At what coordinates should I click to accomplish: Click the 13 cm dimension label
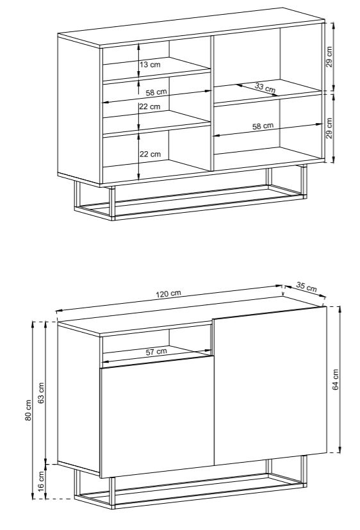pyautogui.click(x=151, y=64)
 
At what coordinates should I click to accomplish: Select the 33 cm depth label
pyautogui.click(x=265, y=88)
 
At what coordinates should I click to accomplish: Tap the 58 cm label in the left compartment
pyautogui.click(x=156, y=92)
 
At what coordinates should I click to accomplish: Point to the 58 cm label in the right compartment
pyautogui.click(x=263, y=126)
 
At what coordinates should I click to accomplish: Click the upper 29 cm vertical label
pyautogui.click(x=329, y=56)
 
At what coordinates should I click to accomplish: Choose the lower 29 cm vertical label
pyautogui.click(x=329, y=128)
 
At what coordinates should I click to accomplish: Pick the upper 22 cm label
pyautogui.click(x=150, y=106)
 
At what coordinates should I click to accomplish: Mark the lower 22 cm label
pyautogui.click(x=151, y=154)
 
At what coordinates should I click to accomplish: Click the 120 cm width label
pyautogui.click(x=168, y=294)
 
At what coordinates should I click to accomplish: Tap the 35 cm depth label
pyautogui.click(x=307, y=286)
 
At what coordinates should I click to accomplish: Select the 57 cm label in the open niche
pyautogui.click(x=156, y=352)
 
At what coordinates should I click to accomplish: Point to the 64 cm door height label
pyautogui.click(x=336, y=379)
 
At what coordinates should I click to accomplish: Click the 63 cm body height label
pyautogui.click(x=41, y=393)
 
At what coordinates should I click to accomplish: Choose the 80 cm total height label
pyautogui.click(x=28, y=410)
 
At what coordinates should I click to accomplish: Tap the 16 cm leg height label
pyautogui.click(x=41, y=481)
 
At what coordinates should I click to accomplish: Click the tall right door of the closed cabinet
pyautogui.click(x=270, y=385)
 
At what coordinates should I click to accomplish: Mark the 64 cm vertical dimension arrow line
pyautogui.click(x=339, y=379)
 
